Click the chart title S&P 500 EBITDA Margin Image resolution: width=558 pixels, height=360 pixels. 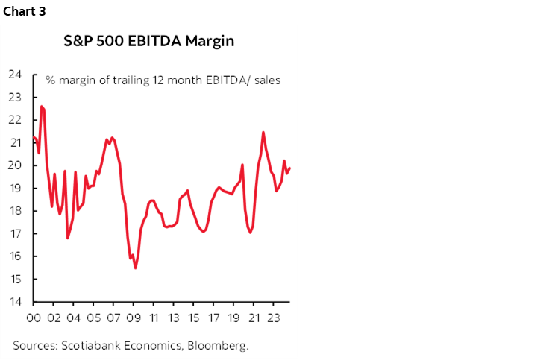pos(149,42)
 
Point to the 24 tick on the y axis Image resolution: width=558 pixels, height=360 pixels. pos(15,75)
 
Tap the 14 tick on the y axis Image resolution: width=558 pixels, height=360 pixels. pos(15,302)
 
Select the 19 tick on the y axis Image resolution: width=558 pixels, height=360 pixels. pos(15,189)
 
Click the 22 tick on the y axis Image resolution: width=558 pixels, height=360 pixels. pos(15,120)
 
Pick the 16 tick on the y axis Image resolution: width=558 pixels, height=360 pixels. pos(15,256)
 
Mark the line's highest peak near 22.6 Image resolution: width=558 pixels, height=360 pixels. pos(42,106)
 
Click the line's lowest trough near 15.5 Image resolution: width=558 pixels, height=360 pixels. pos(135,268)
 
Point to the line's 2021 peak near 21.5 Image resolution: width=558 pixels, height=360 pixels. pos(263,132)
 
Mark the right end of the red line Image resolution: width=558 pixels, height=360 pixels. pos(290,168)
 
